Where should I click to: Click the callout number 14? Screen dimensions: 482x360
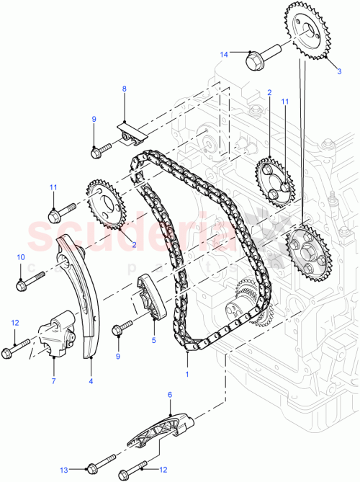[224, 54]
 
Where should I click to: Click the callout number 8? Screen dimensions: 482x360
[124, 89]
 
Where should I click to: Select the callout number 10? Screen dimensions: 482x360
[20, 257]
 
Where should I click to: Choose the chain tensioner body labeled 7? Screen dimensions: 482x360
[58, 332]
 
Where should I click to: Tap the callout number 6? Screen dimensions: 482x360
[171, 395]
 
